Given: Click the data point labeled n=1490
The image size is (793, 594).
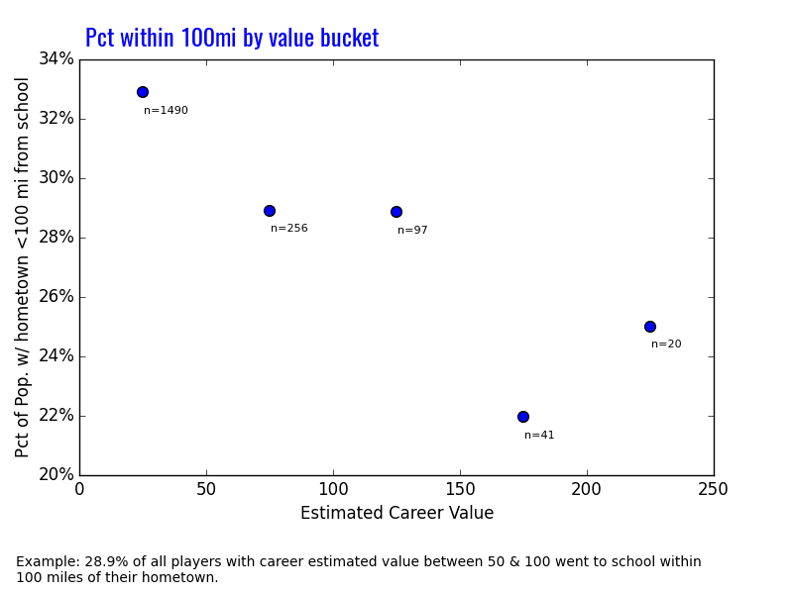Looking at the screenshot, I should point(143,92).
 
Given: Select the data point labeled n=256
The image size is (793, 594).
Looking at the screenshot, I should point(270,211).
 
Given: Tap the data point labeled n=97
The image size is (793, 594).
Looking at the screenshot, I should point(396,212).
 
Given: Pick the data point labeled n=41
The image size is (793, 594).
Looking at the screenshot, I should point(523,417).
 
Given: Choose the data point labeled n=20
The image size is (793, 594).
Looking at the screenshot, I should point(650,327).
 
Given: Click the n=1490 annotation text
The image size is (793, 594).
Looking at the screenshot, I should point(166,111).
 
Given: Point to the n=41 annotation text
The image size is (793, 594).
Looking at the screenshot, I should point(539,436).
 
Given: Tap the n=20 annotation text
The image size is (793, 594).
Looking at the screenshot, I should point(666,345).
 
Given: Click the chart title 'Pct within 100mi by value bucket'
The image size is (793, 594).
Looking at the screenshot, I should point(232,38).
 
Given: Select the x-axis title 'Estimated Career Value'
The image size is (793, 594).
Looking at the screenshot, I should point(396,513).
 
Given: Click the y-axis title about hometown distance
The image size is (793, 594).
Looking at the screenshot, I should point(23,267).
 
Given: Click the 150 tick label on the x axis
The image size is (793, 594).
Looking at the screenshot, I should point(460,489).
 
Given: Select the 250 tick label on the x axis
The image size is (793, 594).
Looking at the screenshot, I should point(714,489).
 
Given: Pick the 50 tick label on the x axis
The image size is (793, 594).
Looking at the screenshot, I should point(206,489).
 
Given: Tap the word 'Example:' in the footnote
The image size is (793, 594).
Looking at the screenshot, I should point(44,562).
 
